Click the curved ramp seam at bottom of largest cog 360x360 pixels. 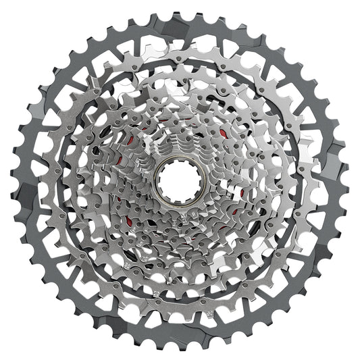pos(203,338)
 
